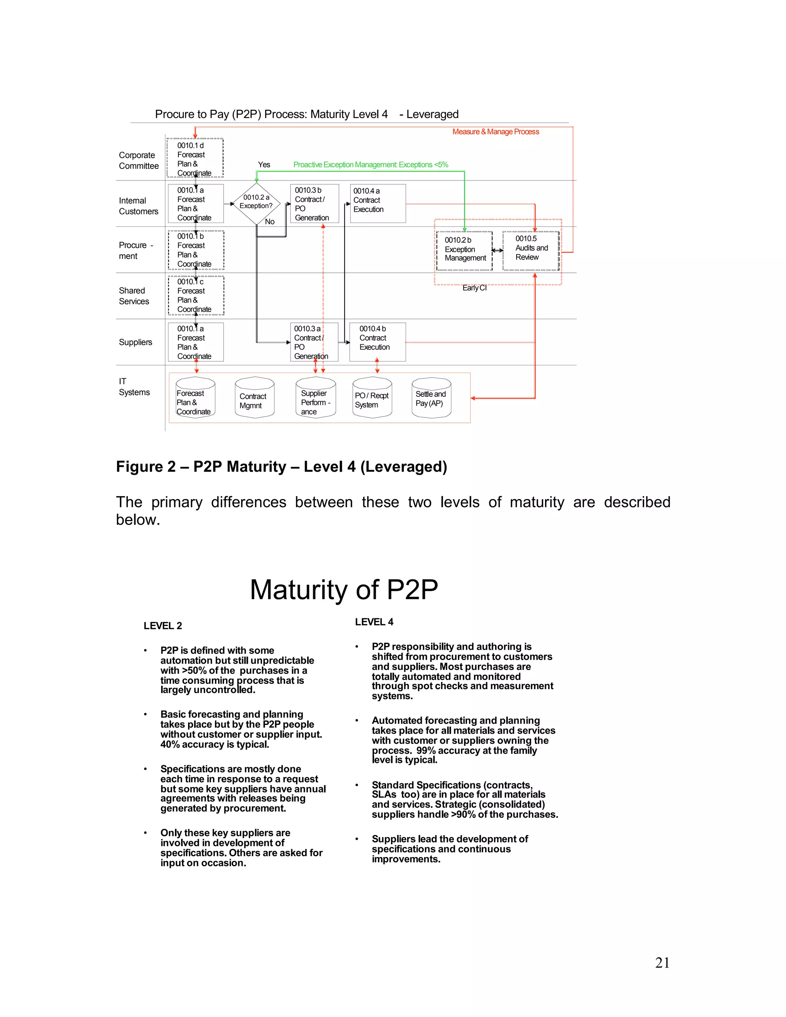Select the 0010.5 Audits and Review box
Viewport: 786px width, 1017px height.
coord(531,250)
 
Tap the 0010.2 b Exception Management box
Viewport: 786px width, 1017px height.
coord(464,251)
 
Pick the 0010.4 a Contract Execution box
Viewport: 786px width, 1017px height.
coord(378,203)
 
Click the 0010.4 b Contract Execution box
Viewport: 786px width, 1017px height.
coord(378,342)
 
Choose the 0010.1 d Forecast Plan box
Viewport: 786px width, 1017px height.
coord(195,158)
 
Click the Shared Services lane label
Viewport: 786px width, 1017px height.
coord(134,296)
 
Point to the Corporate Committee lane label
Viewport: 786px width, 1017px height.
coord(138,160)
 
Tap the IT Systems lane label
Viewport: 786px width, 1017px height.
coord(134,386)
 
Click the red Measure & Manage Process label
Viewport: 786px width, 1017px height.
coord(495,132)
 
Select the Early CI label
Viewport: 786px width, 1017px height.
coord(474,288)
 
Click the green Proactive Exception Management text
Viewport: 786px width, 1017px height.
coord(370,164)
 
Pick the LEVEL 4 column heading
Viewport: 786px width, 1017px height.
coord(374,622)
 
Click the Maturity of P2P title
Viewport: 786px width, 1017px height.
coord(343,589)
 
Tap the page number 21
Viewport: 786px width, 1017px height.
coord(662,963)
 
